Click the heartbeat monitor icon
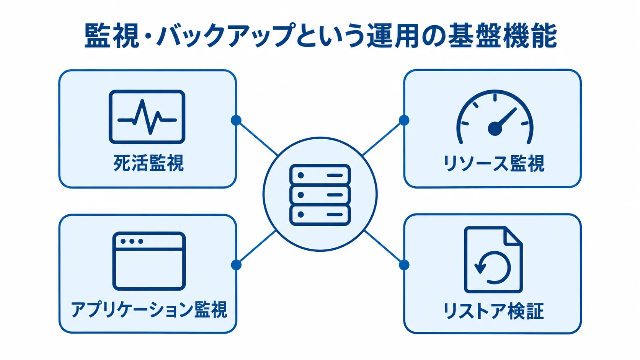147,117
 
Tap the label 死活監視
148,163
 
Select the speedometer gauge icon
495,117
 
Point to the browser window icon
149,261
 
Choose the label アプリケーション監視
149,310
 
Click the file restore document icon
493,259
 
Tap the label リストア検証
493,311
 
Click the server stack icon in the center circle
320,195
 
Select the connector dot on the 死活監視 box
236,120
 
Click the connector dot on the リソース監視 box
404,120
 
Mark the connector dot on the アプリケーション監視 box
236,265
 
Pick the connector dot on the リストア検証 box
404,265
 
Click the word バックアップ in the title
226,36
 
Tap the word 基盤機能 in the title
502,36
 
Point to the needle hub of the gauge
495,129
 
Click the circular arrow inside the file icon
493,267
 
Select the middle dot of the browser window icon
132,241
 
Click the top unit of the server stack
320,175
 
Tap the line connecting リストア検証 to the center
382,247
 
